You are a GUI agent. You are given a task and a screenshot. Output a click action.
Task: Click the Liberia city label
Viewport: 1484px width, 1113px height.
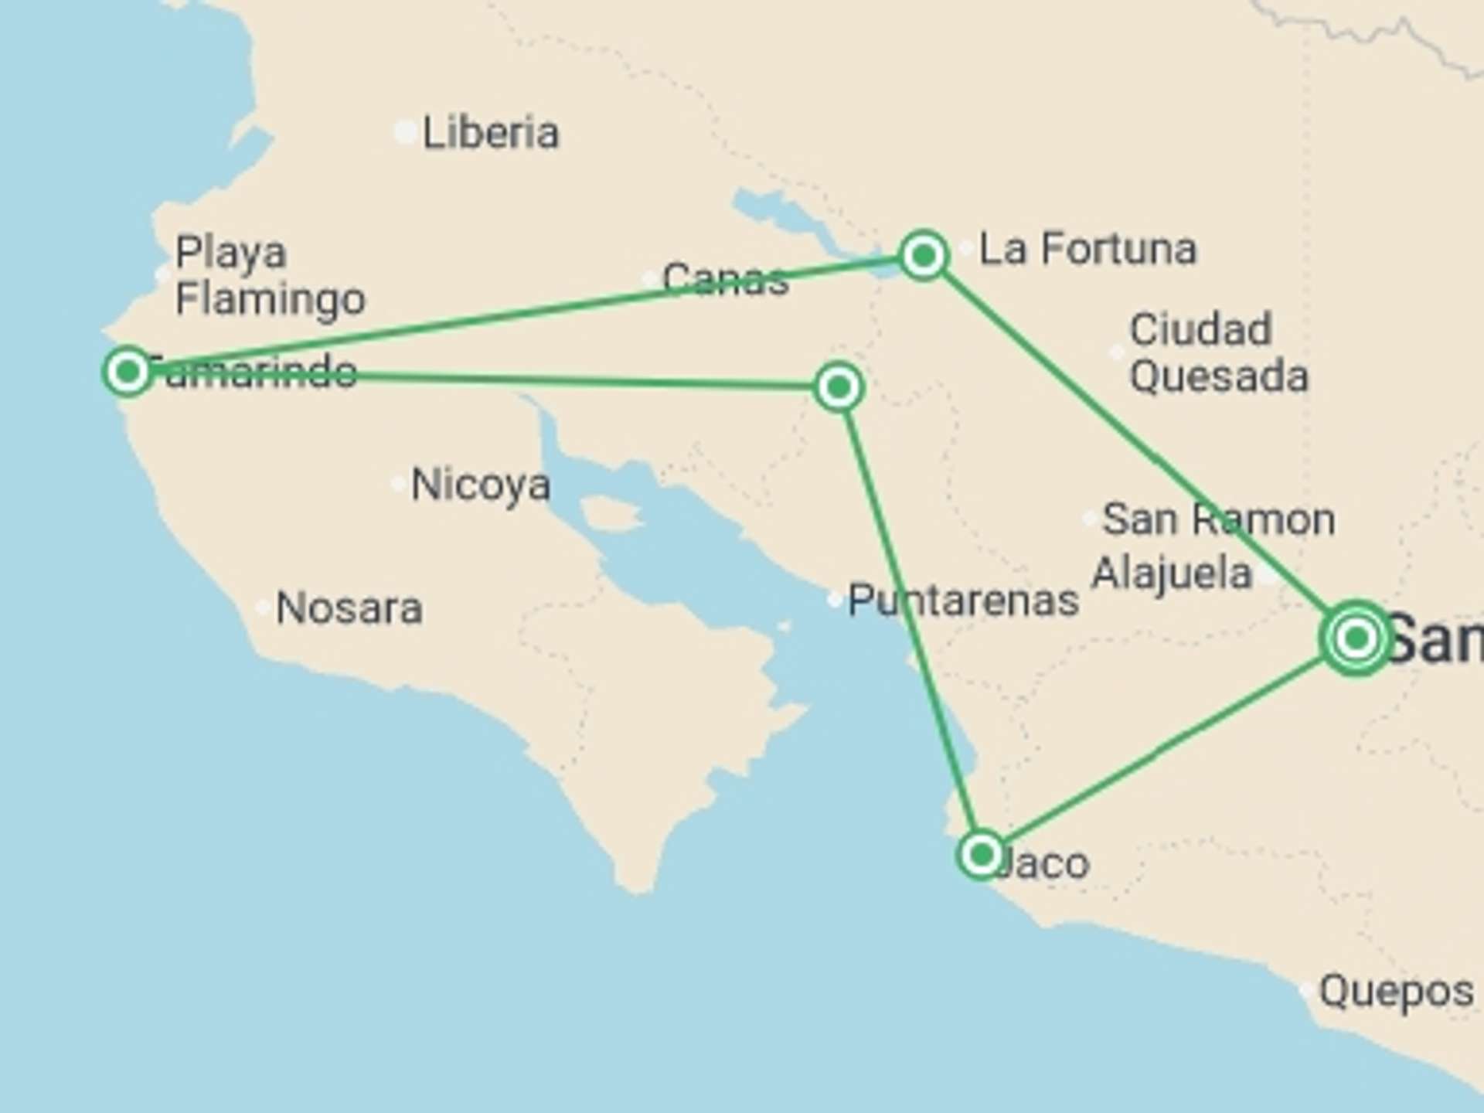[490, 133]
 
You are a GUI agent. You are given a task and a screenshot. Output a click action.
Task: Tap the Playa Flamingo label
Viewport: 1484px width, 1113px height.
[269, 275]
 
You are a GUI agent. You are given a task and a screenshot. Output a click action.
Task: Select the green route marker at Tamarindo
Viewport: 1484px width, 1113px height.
[128, 372]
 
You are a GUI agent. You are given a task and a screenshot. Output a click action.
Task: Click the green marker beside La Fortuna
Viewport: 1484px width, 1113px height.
[924, 254]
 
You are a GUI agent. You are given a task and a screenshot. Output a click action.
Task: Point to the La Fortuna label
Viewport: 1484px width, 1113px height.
[1087, 249]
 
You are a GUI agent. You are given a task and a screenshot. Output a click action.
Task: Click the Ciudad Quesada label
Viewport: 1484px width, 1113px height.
[1218, 352]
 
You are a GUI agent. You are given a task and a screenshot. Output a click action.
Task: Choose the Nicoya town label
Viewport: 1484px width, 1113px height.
[481, 485]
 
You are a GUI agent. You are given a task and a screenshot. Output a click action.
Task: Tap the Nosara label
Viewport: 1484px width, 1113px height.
[349, 608]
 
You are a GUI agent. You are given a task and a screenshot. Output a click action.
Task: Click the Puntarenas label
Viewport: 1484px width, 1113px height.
[963, 601]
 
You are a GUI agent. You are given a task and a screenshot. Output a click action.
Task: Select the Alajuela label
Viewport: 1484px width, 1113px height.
[1171, 574]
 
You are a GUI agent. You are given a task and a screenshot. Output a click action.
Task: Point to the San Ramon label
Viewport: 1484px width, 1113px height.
[1218, 519]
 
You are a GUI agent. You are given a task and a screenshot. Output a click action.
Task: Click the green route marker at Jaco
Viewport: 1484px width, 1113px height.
[981, 855]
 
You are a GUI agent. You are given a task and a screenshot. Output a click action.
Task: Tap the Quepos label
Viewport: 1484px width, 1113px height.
[1396, 991]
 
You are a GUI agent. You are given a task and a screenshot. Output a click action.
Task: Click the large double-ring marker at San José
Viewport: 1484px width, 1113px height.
[1356, 638]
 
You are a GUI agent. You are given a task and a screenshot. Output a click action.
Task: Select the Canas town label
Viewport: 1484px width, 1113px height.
[725, 279]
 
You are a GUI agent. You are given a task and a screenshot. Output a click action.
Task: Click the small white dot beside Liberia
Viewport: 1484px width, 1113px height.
[405, 132]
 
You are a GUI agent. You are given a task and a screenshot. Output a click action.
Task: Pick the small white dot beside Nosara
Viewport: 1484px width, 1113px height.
[263, 608]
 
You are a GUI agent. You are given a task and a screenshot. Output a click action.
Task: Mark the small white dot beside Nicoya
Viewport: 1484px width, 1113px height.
[398, 485]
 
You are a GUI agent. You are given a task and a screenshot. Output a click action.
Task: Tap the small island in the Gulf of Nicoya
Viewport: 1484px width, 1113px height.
[611, 513]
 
